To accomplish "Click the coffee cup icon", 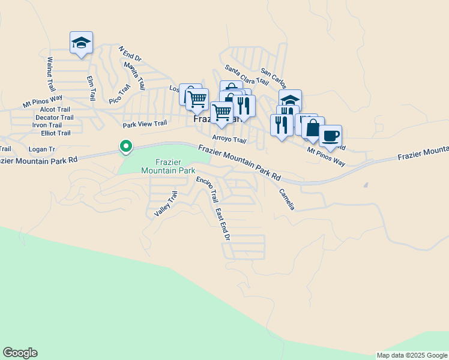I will pyautogui.click(x=330, y=136).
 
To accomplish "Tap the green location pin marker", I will pyautogui.click(x=125, y=146).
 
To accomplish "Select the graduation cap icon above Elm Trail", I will pyautogui.click(x=81, y=43).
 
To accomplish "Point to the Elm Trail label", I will pyautogui.click(x=91, y=88).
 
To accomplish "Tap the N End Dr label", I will pyautogui.click(x=129, y=55).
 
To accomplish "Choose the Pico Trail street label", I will pyautogui.click(x=119, y=94).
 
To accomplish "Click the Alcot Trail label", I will pyautogui.click(x=55, y=110).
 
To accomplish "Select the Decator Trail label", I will pyautogui.click(x=54, y=118).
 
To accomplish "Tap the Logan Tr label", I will pyautogui.click(x=41, y=149).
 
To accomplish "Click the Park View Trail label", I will pyautogui.click(x=144, y=124).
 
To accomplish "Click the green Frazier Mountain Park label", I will pyautogui.click(x=168, y=166).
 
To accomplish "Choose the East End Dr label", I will pyautogui.click(x=223, y=225).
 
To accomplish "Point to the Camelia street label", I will pyautogui.click(x=286, y=199).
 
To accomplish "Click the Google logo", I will pyautogui.click(x=20, y=353).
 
